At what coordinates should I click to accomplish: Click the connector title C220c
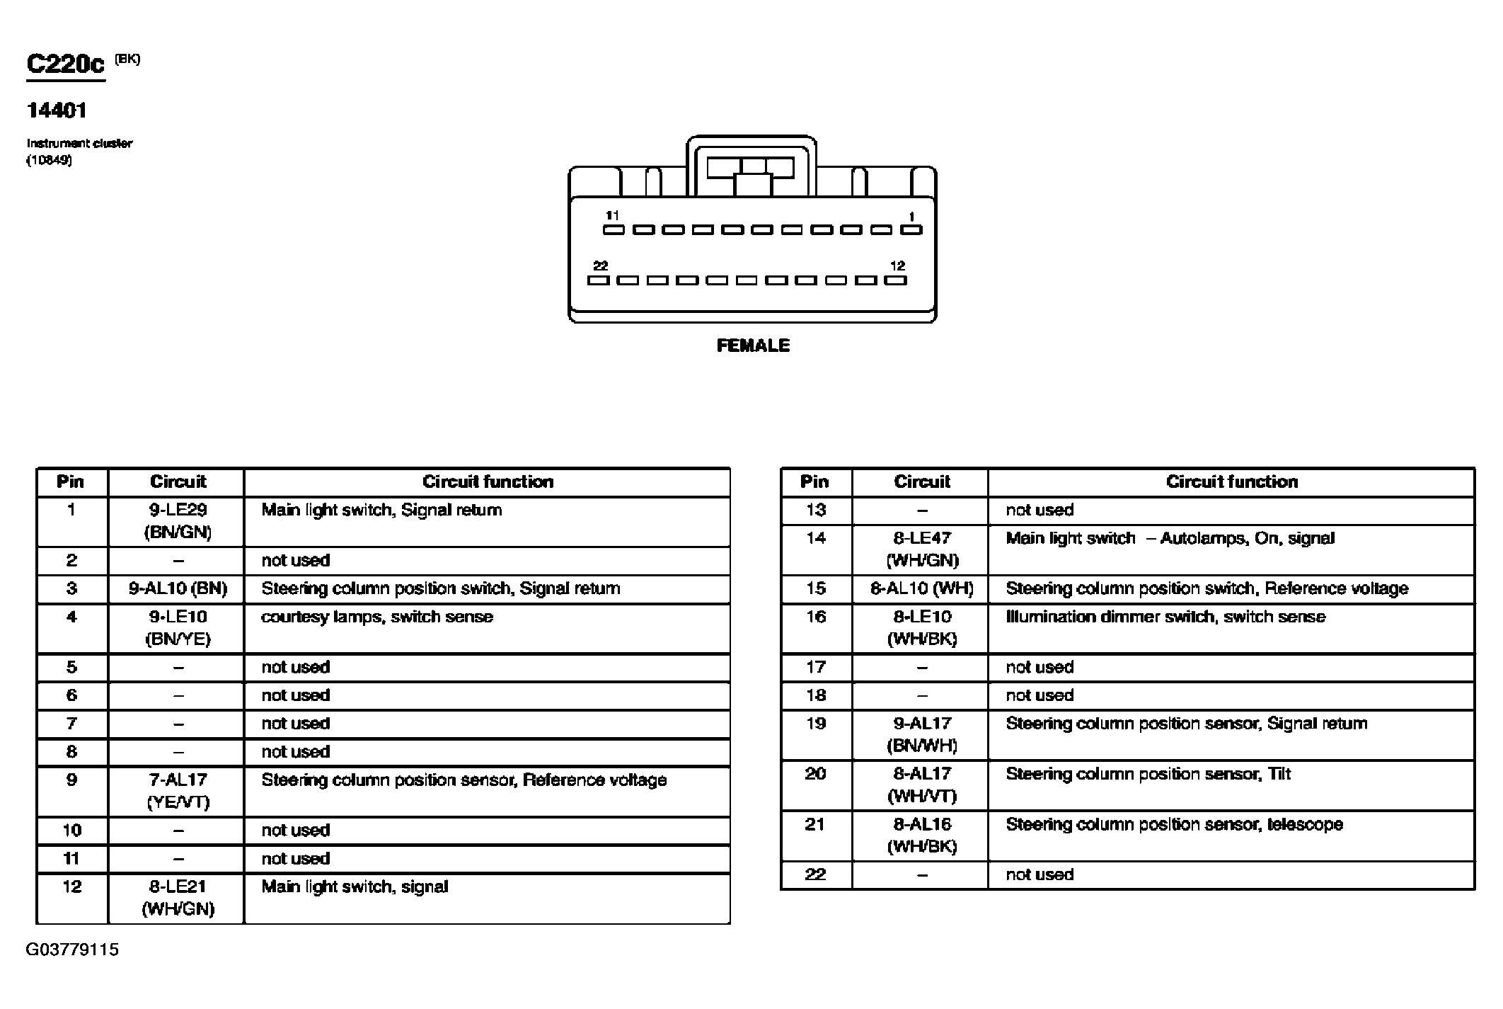[65, 64]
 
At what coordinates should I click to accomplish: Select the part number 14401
[57, 110]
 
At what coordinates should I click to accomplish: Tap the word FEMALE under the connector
[753, 346]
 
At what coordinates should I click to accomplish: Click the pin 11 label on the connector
[612, 215]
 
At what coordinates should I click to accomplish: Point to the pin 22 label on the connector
[600, 266]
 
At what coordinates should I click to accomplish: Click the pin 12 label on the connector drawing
[897, 266]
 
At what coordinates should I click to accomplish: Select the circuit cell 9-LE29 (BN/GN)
[178, 521]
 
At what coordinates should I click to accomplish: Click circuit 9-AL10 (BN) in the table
[178, 588]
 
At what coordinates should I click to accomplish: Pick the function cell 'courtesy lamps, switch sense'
[377, 617]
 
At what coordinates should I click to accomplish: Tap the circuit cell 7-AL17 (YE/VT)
[178, 791]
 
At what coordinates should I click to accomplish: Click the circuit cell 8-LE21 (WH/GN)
[178, 898]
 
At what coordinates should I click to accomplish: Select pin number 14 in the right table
[816, 538]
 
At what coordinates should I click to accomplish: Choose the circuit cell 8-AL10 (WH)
[921, 588]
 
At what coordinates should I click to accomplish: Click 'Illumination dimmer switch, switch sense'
[1165, 617]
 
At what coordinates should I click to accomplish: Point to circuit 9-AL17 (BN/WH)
[921, 734]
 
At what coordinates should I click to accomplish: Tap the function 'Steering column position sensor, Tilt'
[1148, 774]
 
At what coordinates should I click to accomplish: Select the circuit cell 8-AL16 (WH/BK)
[921, 835]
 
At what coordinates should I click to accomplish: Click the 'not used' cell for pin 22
[1040, 874]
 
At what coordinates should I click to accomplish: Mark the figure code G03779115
[72, 950]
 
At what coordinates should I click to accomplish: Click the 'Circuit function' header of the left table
[488, 482]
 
